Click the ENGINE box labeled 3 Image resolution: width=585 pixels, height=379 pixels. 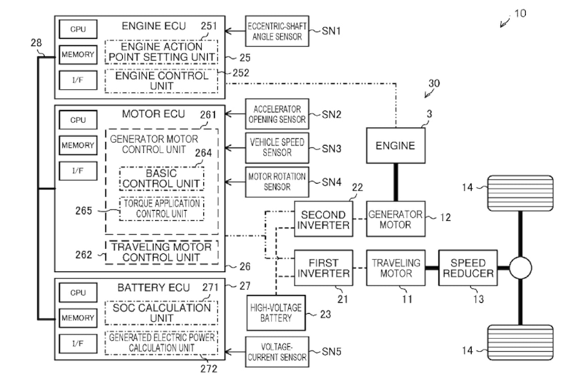(x=396, y=145)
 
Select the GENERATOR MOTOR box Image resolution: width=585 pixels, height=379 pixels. (x=396, y=219)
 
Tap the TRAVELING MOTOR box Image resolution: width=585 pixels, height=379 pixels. (x=396, y=267)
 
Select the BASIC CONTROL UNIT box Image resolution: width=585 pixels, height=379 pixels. (x=162, y=178)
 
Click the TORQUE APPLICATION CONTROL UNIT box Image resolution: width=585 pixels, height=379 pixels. (x=162, y=209)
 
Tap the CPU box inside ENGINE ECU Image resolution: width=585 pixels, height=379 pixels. (x=78, y=29)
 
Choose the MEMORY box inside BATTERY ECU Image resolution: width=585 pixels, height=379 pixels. (x=78, y=318)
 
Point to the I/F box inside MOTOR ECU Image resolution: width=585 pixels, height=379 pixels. (x=78, y=170)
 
